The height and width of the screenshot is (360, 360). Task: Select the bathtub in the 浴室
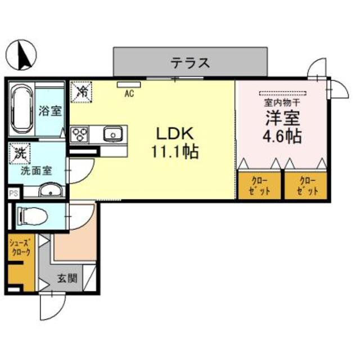tap(22, 110)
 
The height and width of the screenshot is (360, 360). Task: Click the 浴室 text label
tap(49, 111)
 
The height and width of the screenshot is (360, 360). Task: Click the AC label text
tap(129, 94)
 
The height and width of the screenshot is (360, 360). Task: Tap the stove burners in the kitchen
tap(80, 135)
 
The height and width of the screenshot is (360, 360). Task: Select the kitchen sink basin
tap(113, 134)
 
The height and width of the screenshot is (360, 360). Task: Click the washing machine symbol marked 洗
tap(20, 152)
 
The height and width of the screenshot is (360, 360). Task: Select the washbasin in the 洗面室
tap(49, 191)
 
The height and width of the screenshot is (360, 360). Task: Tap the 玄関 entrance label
tap(68, 277)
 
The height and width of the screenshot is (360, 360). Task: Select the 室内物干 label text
tap(282, 103)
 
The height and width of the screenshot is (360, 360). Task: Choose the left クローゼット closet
tap(259, 185)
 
